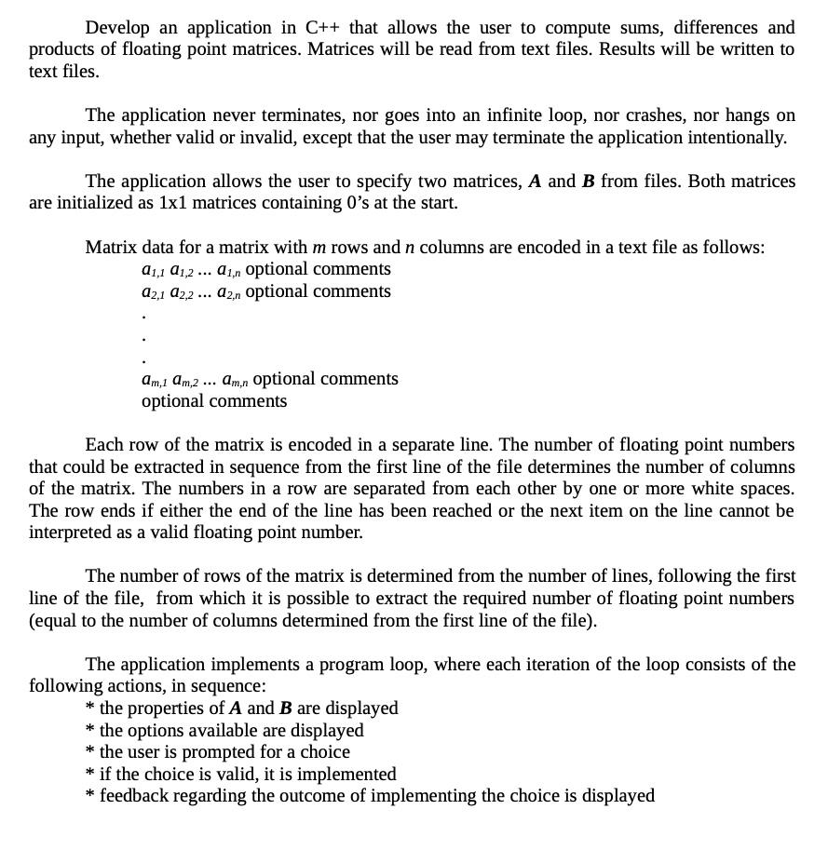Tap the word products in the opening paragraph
[61, 49]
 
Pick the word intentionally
[735, 138]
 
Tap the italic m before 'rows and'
[319, 248]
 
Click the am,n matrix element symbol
[234, 380]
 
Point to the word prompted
[219, 752]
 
